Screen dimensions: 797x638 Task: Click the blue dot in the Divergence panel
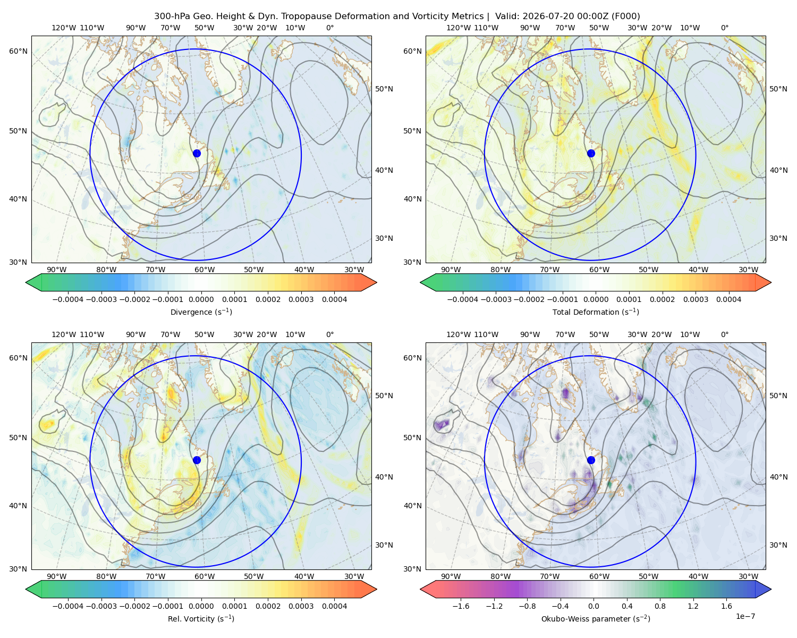(x=197, y=153)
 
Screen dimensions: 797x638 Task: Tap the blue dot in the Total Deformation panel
(x=591, y=153)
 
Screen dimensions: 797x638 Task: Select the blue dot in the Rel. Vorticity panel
(x=197, y=460)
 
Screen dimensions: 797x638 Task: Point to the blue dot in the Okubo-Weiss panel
(x=591, y=460)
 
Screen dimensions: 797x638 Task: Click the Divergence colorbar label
(x=201, y=312)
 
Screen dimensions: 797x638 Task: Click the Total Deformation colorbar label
(x=596, y=312)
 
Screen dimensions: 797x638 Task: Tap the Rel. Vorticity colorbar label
(x=201, y=618)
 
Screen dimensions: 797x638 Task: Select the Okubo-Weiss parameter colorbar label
(x=596, y=618)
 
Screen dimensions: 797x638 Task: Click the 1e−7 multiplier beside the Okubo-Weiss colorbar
(x=745, y=616)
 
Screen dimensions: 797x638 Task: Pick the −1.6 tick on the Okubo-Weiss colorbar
(x=461, y=606)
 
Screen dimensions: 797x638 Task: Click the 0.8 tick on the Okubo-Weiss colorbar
(x=660, y=606)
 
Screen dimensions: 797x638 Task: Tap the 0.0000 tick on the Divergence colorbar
(x=201, y=299)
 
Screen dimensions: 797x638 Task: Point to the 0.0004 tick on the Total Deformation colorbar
(x=728, y=299)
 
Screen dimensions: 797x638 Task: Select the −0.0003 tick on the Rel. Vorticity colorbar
(x=101, y=606)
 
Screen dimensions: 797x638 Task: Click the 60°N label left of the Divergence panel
(x=18, y=51)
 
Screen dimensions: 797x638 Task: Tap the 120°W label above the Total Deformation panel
(x=458, y=28)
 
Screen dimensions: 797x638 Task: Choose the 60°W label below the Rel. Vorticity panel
(x=205, y=576)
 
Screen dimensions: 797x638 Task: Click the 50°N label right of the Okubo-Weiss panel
(x=778, y=396)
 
